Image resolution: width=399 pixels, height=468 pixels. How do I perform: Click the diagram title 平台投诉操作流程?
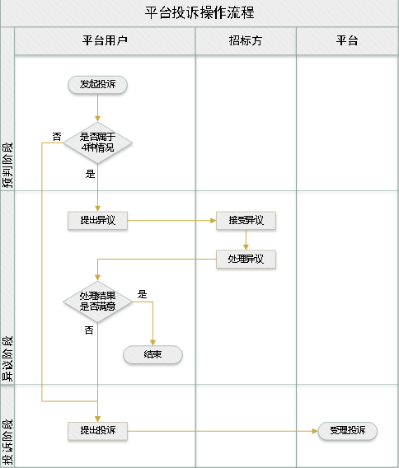point(199,13)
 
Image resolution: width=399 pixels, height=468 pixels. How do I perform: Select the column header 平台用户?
point(105,40)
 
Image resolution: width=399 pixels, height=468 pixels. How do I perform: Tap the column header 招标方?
point(246,40)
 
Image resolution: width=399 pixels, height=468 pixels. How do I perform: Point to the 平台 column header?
point(347,40)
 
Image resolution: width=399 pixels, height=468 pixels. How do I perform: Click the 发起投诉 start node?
point(97,85)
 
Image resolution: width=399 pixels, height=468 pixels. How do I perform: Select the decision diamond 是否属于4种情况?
point(97,143)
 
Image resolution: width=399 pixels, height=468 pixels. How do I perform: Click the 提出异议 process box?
point(97,221)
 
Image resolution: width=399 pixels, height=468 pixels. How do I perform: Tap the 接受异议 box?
point(246,221)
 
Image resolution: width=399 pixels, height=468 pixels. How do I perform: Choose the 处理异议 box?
point(246,259)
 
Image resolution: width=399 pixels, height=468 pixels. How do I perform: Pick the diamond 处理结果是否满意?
point(97,302)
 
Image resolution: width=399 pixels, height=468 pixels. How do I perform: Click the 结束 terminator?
point(153,354)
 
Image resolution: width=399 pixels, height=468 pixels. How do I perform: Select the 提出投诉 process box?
point(97,431)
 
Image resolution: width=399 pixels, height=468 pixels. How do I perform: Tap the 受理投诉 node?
point(348,431)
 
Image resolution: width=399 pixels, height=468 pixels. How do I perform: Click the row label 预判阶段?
point(7,165)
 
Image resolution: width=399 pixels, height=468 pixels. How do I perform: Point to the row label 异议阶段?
point(7,358)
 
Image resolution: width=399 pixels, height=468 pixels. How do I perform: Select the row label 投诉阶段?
point(7,442)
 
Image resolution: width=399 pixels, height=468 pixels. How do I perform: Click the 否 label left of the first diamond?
point(57,137)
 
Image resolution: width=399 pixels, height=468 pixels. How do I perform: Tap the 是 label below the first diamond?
point(90,174)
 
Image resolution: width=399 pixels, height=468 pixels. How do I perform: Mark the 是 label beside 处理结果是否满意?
point(142,294)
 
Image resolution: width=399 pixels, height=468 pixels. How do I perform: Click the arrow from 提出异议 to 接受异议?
point(171,221)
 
